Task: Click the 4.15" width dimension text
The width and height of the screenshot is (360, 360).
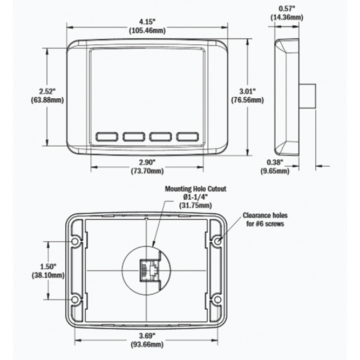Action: (147, 22)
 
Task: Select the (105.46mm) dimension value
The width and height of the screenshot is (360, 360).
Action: (147, 30)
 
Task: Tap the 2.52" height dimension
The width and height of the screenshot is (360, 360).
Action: (47, 92)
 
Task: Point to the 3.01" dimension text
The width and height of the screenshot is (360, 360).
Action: (247, 91)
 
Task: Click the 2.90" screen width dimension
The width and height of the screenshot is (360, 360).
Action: (147, 162)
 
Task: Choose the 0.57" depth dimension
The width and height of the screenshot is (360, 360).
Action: (287, 9)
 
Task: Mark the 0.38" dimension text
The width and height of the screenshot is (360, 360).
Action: (275, 162)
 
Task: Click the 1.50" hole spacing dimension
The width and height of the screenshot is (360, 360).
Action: (48, 267)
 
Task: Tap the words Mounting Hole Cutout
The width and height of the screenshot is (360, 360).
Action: (195, 189)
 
